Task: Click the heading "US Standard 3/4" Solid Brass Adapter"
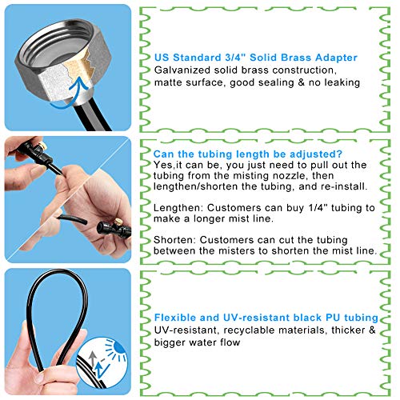[x=256, y=58]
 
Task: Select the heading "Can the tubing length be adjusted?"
[x=248, y=154]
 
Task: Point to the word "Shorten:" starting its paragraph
[x=174, y=240]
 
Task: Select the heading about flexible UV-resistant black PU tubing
[x=266, y=318]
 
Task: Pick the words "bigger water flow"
[x=197, y=342]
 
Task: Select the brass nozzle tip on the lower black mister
[x=118, y=222]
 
